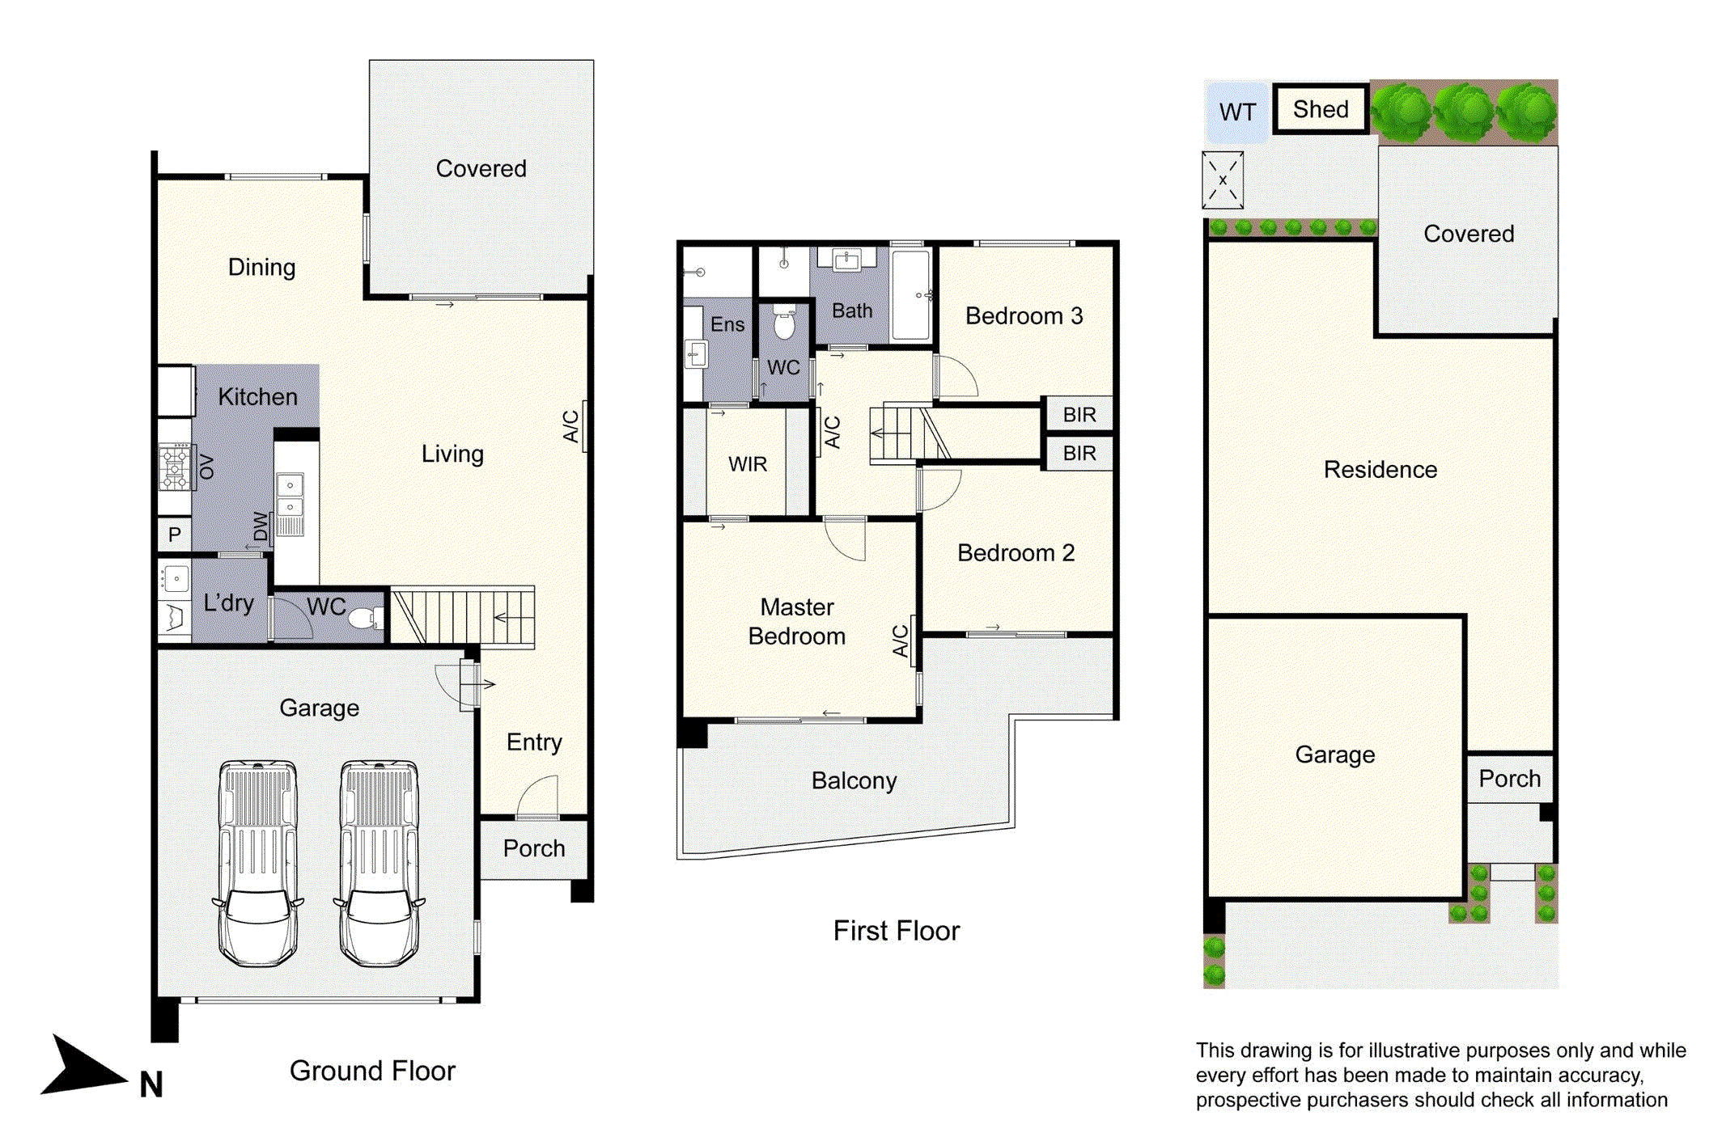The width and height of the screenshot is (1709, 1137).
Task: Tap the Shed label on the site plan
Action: [x=1320, y=109]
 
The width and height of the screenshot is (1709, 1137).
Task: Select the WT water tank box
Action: [x=1236, y=112]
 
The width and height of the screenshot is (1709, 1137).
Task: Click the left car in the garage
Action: [x=257, y=863]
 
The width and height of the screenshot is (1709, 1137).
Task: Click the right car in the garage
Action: [x=380, y=863]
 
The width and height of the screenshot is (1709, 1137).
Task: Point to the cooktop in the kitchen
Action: [x=175, y=467]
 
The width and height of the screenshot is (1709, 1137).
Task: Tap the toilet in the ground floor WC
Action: [x=364, y=619]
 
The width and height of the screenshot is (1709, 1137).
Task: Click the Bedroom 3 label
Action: [x=1024, y=316]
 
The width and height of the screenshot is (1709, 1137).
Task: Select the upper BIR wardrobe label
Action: [x=1079, y=415]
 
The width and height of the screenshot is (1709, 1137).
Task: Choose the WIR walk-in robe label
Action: [x=747, y=464]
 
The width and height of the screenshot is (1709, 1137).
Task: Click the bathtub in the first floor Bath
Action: [x=911, y=294]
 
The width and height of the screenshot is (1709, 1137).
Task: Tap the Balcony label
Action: [x=854, y=780]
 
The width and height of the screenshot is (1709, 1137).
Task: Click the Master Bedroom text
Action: [x=796, y=622]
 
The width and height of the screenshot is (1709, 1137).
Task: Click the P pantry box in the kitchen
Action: [x=174, y=535]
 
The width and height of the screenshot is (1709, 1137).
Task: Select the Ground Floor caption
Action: [x=372, y=1071]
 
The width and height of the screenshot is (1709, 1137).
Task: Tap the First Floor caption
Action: [x=896, y=931]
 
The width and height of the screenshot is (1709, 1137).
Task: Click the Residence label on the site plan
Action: [x=1380, y=470]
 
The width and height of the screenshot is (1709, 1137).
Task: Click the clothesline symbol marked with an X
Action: [x=1222, y=180]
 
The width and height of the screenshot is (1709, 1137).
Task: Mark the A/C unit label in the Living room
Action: [x=571, y=426]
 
